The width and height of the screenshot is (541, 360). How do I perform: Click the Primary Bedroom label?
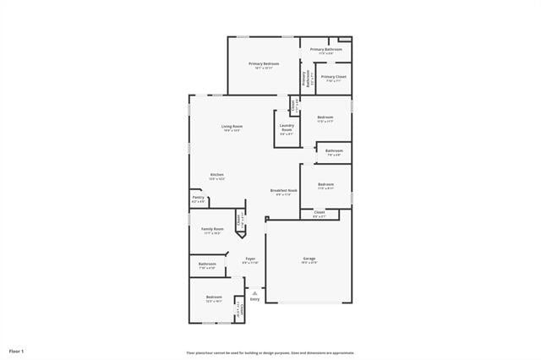pos(264,63)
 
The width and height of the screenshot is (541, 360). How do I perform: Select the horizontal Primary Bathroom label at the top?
pos(325,49)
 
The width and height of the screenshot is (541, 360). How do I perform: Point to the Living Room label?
pos(232,126)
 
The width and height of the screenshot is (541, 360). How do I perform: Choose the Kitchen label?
pos(217,175)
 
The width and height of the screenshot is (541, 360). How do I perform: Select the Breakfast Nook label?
pos(284,190)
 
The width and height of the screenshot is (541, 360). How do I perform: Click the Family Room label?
pos(212,229)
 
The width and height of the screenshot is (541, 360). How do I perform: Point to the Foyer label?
pos(250,259)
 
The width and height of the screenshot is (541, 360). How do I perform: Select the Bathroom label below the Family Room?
pos(207,264)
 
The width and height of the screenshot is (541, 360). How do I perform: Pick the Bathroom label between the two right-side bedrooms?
pos(333,150)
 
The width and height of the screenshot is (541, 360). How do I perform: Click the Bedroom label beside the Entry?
pos(214,297)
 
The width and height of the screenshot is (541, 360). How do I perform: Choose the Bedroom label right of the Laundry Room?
pos(325,117)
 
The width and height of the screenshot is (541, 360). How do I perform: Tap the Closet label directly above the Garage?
pos(320,212)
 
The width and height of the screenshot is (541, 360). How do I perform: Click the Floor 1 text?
pos(17,351)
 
